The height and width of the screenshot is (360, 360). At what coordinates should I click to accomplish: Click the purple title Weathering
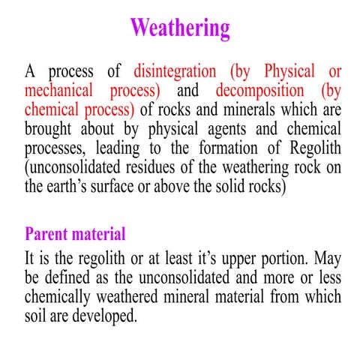tap(180, 28)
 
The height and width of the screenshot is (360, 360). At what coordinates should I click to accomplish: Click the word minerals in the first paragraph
tap(233, 110)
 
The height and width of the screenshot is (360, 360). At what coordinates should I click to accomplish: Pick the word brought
tap(49, 129)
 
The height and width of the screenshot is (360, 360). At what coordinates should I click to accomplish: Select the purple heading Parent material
tap(75, 233)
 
